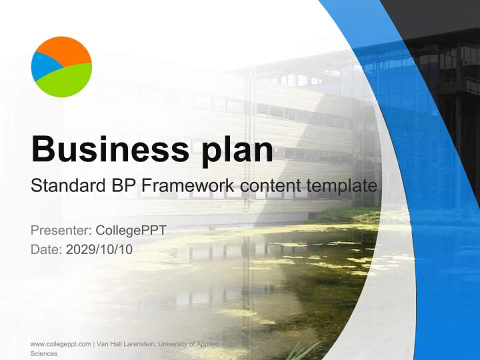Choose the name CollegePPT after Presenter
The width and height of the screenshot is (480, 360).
tap(131, 230)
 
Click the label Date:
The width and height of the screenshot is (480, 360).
tap(46, 249)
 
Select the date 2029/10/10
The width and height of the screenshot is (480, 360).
tap(99, 249)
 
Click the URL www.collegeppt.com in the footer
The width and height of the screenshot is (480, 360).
tap(60, 344)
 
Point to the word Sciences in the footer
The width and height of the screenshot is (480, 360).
tap(44, 353)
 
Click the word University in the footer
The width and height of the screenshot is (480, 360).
tap(175, 344)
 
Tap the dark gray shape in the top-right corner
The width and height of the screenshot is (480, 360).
tap(440, 12)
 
